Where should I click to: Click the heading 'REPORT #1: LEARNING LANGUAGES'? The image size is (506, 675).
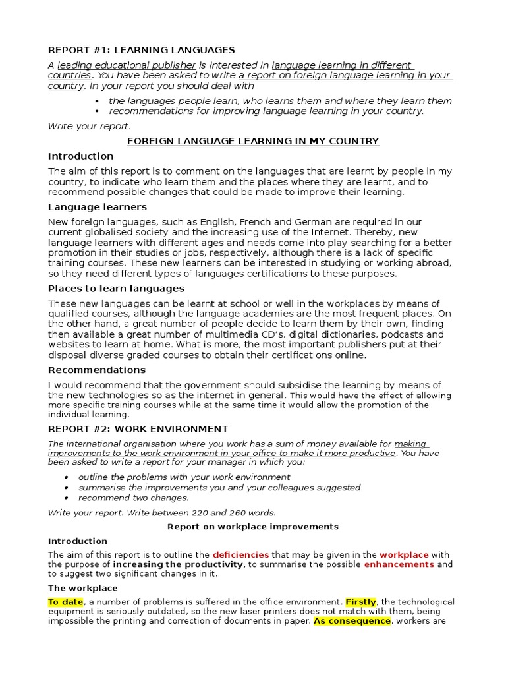pos(141,50)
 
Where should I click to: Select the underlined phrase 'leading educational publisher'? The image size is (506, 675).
pos(126,65)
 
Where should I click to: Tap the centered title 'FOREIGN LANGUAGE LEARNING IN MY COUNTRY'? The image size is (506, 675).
pos(252,141)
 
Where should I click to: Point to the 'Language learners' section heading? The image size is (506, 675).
pos(98,207)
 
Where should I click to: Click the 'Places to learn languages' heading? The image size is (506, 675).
pos(116,289)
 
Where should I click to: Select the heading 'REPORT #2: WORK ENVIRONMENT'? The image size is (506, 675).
pos(138,429)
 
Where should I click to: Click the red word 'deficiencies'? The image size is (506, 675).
pos(240,555)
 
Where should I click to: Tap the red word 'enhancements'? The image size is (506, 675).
pos(399,564)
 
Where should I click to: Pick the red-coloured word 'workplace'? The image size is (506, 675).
pos(404,555)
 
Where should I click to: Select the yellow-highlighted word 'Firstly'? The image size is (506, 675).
pos(360,602)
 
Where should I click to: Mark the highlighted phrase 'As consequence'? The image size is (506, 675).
pos(351,621)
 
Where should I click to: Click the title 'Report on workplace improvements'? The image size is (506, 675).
pos(252,527)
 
